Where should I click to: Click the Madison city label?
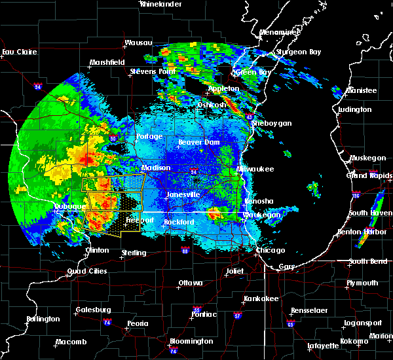point(156,168)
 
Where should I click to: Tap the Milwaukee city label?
point(256,169)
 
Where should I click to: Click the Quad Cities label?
point(86,272)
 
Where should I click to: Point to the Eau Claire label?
point(18,52)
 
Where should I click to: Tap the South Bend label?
point(367,262)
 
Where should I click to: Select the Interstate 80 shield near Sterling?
point(185,251)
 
